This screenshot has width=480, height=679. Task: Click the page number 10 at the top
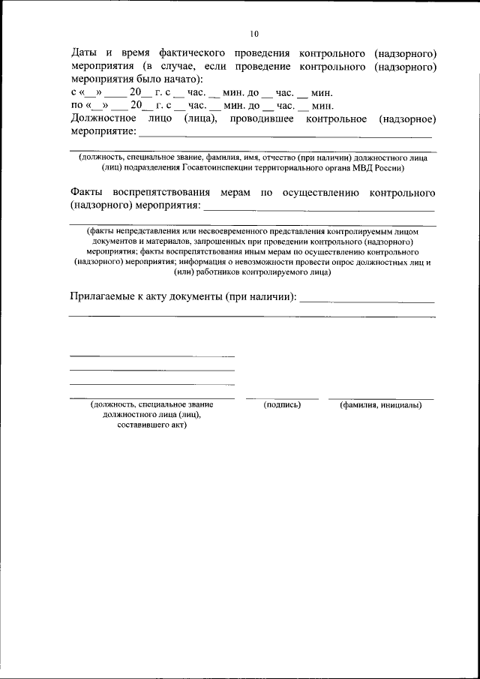tap(254, 34)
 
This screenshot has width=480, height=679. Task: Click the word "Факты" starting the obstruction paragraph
tap(88, 192)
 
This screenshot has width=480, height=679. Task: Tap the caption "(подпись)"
tap(283, 405)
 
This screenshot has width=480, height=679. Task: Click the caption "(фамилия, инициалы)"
tap(380, 405)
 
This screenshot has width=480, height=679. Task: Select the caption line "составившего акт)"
tap(152, 425)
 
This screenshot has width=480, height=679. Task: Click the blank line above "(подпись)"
tap(282, 398)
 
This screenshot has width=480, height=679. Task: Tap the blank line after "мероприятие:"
tap(286, 137)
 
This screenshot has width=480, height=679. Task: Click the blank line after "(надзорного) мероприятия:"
tap(319, 211)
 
